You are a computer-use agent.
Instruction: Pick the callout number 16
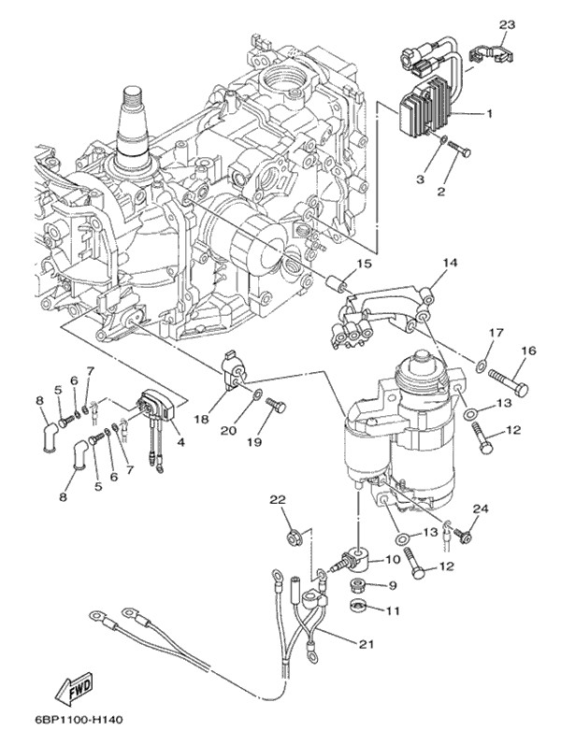529,351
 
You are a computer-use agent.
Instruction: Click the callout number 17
496,333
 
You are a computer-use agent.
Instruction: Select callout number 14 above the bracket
450,264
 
